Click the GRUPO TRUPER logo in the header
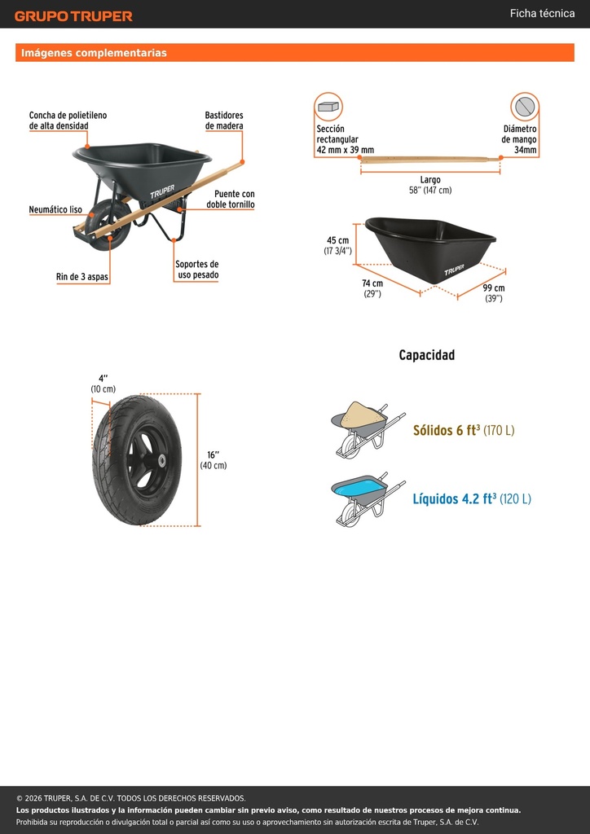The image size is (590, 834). pyautogui.click(x=73, y=16)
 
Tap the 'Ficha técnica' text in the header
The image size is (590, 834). pyautogui.click(x=542, y=13)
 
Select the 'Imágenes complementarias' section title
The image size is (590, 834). pyautogui.click(x=94, y=53)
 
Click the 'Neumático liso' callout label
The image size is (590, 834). pyautogui.click(x=55, y=209)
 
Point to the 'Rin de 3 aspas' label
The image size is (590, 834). pyautogui.click(x=82, y=277)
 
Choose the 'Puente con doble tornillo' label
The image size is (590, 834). pyautogui.click(x=231, y=199)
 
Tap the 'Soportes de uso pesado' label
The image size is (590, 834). pyautogui.click(x=197, y=270)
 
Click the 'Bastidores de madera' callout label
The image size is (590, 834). pyautogui.click(x=224, y=121)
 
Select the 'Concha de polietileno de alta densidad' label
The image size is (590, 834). pyautogui.click(x=68, y=121)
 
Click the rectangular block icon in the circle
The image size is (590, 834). pyautogui.click(x=328, y=107)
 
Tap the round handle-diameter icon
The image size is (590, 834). pyautogui.click(x=525, y=107)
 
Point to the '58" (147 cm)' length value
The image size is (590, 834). pyautogui.click(x=430, y=191)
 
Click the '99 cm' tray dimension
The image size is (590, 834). pyautogui.click(x=494, y=288)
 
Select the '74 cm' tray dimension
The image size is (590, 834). pyautogui.click(x=372, y=283)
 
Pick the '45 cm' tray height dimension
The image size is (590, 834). pyautogui.click(x=338, y=240)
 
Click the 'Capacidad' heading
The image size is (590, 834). pyautogui.click(x=427, y=355)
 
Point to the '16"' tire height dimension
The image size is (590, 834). pyautogui.click(x=214, y=454)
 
